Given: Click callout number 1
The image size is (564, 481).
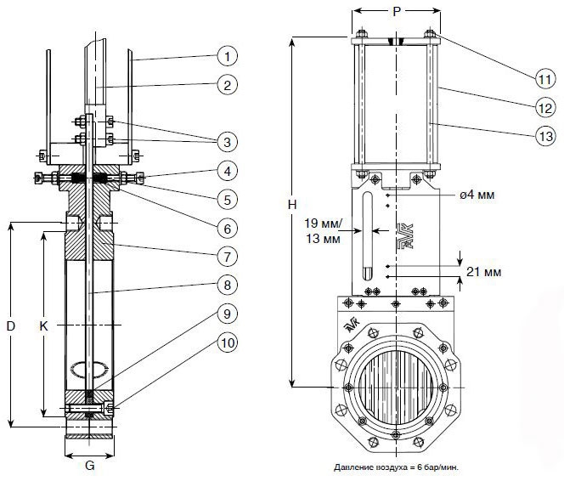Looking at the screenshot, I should click(226, 58).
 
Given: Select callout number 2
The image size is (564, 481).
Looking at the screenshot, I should click(226, 85).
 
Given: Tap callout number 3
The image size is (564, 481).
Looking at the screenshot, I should click(226, 140).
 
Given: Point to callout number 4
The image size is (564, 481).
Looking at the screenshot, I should click(226, 172).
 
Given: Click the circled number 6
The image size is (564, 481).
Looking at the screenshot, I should click(226, 229).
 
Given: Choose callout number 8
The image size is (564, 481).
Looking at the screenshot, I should click(226, 285).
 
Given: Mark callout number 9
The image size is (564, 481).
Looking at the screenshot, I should click(226, 314).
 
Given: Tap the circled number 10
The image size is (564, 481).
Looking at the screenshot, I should click(226, 342).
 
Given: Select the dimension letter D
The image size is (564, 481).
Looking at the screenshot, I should click(10, 325).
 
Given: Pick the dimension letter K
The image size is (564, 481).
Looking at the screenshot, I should click(43, 325).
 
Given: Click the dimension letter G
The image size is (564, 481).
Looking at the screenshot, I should click(89, 466).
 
